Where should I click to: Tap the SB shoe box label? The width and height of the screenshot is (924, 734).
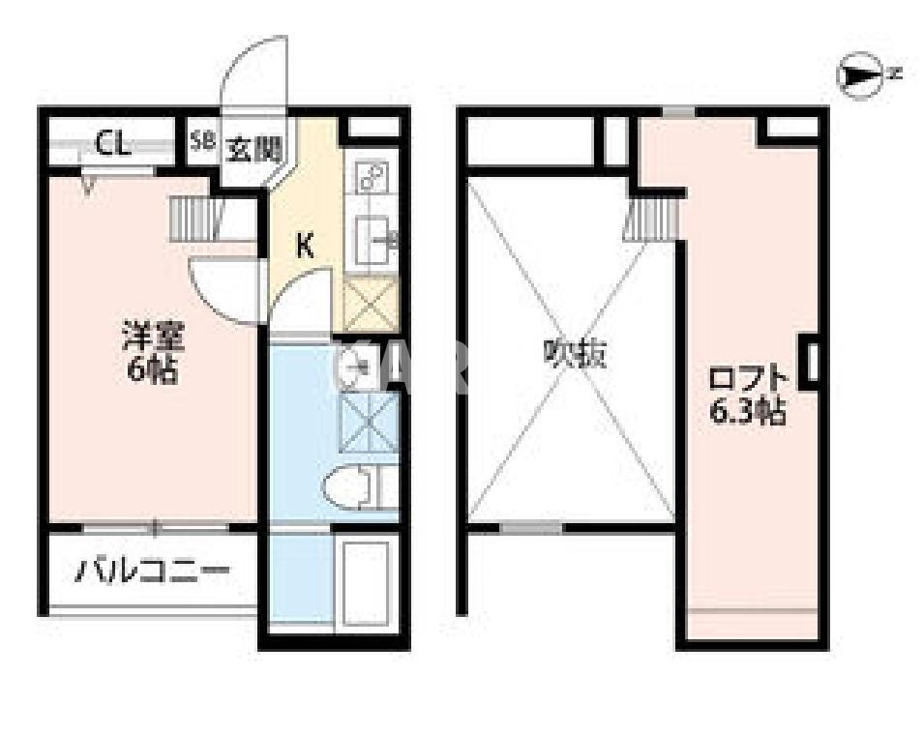pyautogui.click(x=201, y=140)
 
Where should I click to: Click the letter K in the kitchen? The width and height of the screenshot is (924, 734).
pyautogui.click(x=304, y=246)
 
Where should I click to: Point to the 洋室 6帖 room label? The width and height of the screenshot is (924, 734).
pyautogui.click(x=151, y=355)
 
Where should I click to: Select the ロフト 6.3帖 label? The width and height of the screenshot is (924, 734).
pyautogui.click(x=748, y=395)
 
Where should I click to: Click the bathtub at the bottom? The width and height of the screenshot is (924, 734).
pyautogui.click(x=365, y=585)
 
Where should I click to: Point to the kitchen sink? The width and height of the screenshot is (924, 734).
pyautogui.click(x=372, y=238)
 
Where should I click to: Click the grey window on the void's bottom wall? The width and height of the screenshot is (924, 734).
pyautogui.click(x=531, y=528)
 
